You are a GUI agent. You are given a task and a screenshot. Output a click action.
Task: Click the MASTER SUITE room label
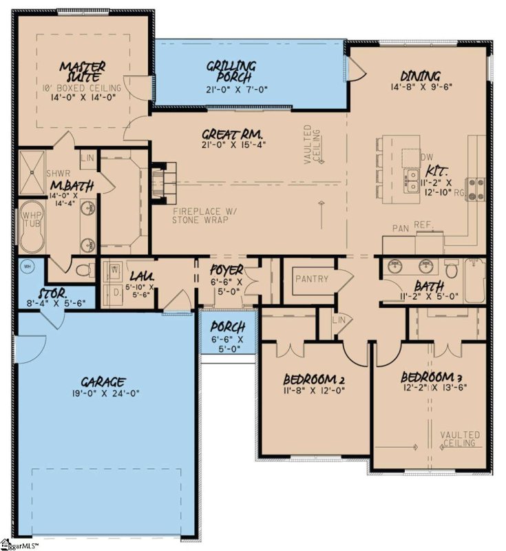click(x=82, y=72)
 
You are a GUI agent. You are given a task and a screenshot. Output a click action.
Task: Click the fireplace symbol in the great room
click(x=158, y=181)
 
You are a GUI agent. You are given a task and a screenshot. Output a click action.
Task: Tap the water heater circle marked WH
click(x=28, y=266)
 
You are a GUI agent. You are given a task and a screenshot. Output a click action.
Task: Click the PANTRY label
click(x=311, y=279)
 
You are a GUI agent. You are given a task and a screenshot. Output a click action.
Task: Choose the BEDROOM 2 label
click(x=313, y=380)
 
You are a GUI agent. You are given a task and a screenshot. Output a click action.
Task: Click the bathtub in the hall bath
click(x=474, y=280)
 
